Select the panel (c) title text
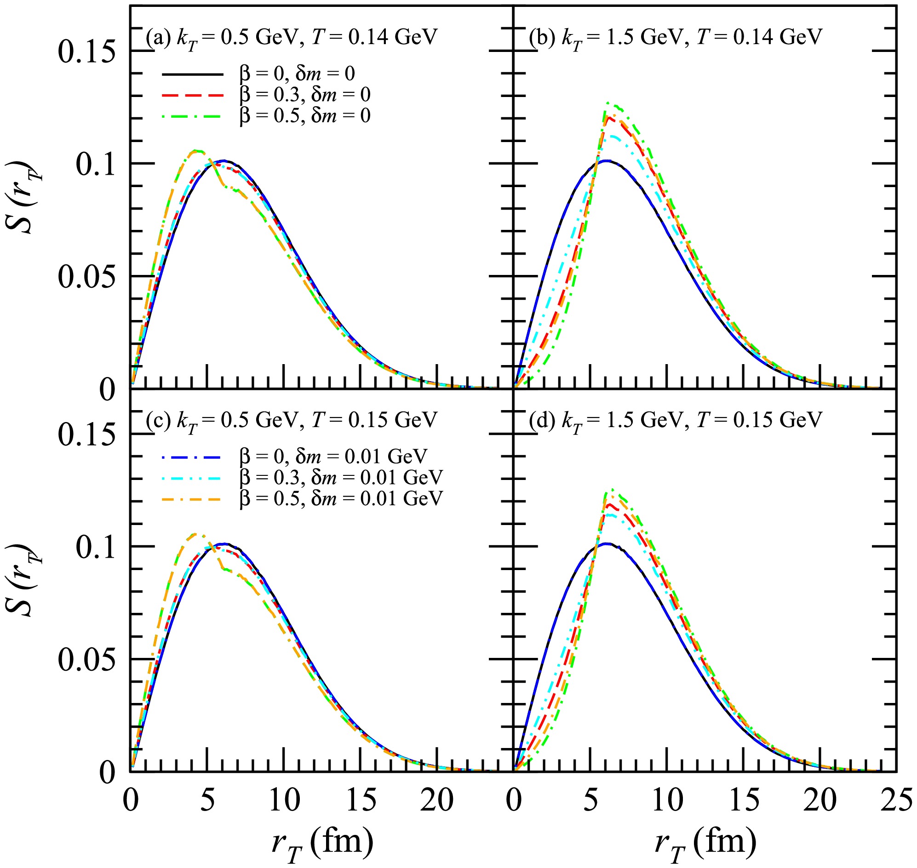coord(291,420)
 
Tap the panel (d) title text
coord(676,420)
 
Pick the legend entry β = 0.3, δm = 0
coord(305,95)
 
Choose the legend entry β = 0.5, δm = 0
coord(305,116)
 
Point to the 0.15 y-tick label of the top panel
coord(86,51)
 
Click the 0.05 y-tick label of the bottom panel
coord(86,659)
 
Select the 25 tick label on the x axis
coord(896,800)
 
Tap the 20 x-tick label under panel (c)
coord(437,800)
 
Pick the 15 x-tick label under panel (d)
coord(744,800)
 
